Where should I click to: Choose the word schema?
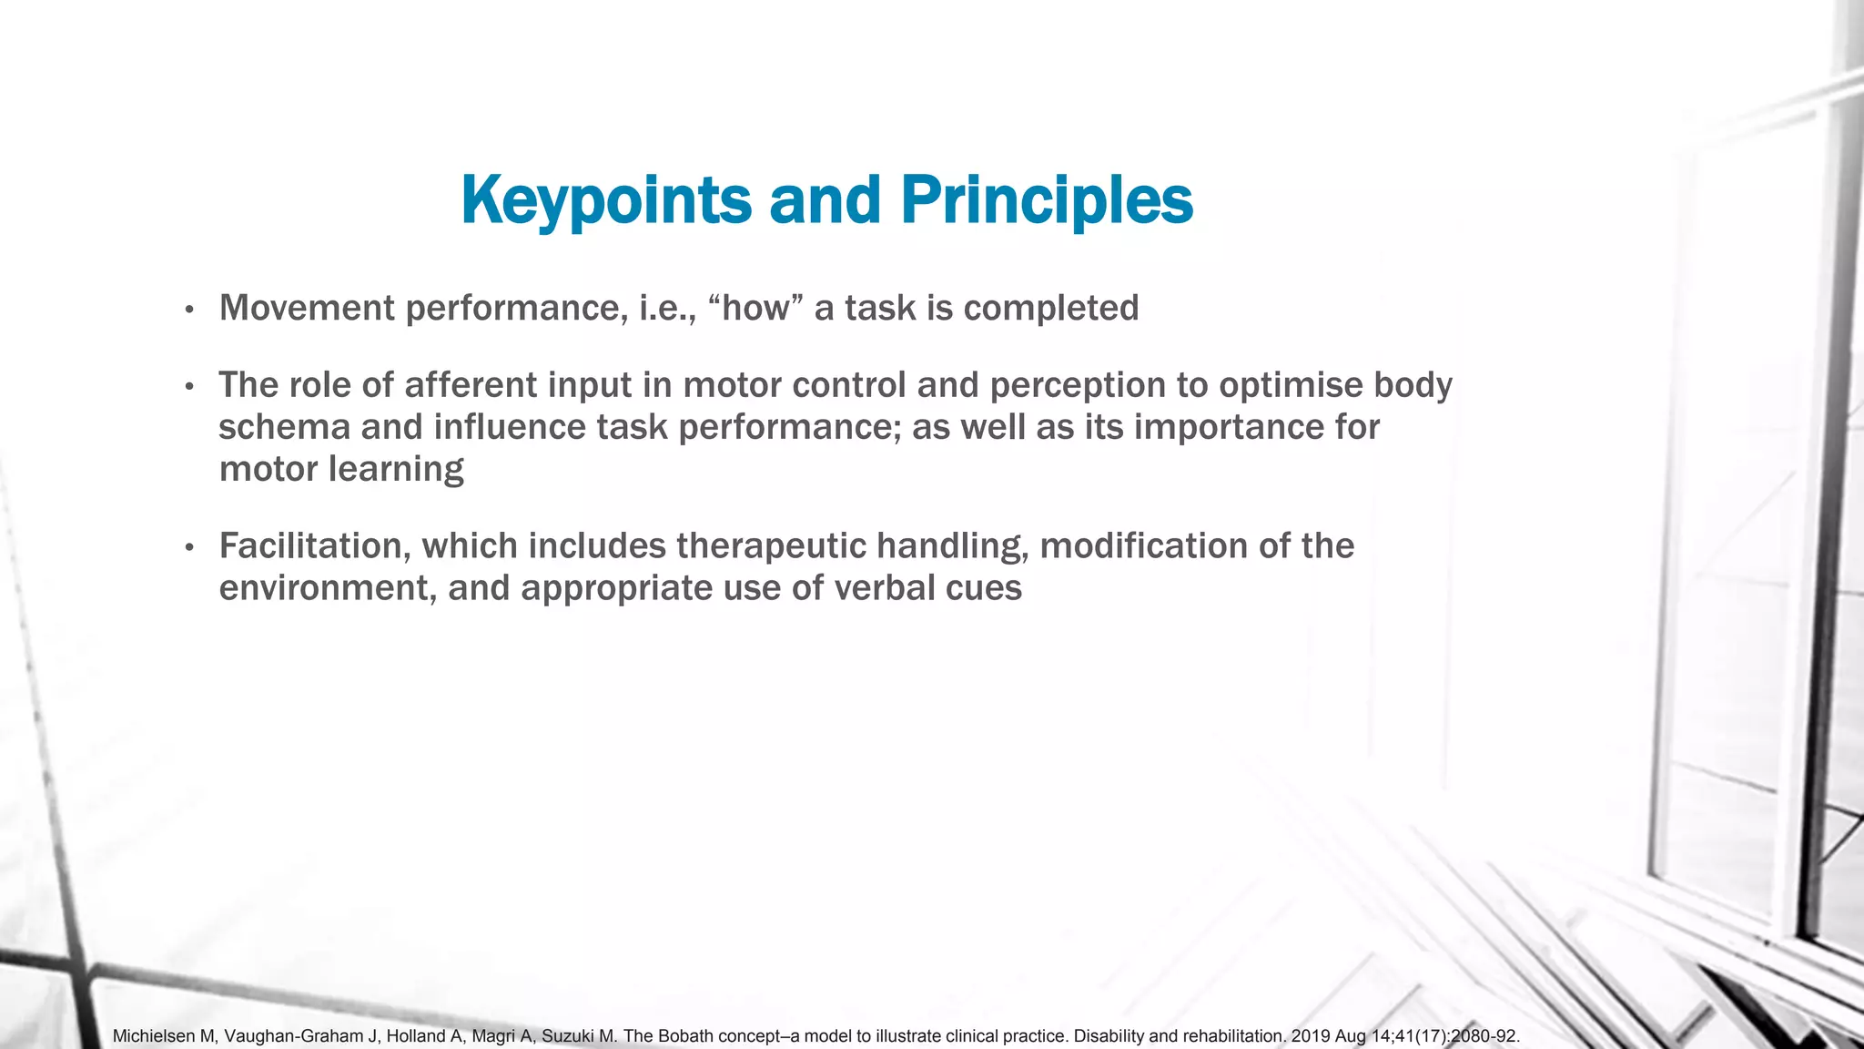(271, 427)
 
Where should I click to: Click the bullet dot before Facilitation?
(189, 548)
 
